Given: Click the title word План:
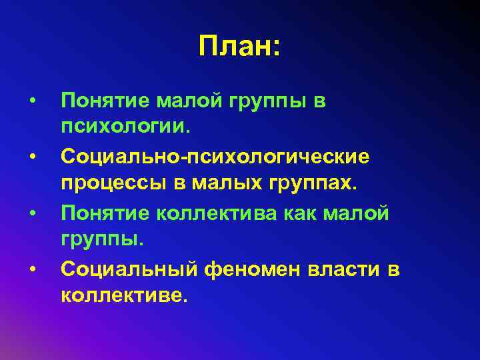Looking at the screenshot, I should pyautogui.click(x=240, y=46).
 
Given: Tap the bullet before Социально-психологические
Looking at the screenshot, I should pyautogui.click(x=31, y=157).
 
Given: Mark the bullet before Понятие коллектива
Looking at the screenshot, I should pyautogui.click(x=31, y=213).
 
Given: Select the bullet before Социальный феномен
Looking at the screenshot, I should pyautogui.click(x=31, y=269).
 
